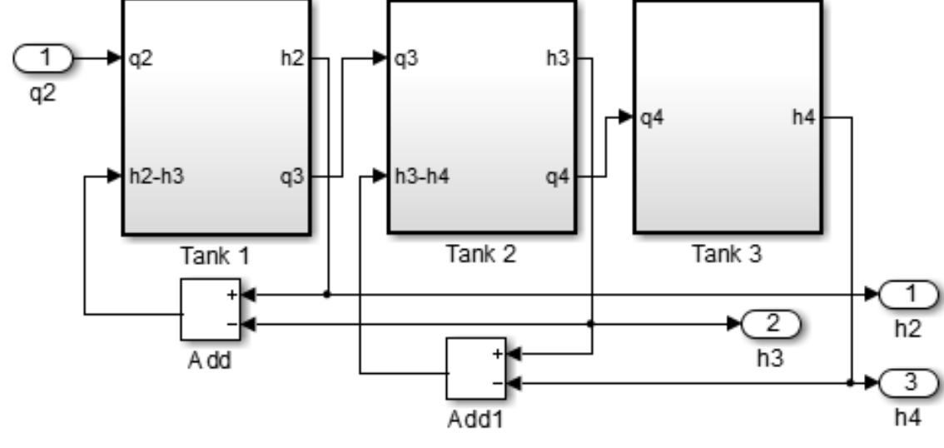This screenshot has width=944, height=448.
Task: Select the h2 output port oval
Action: point(909,294)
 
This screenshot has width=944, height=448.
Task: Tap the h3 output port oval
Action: point(770,323)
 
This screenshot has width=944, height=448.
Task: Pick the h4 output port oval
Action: point(909,382)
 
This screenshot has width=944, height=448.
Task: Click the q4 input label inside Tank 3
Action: point(652,117)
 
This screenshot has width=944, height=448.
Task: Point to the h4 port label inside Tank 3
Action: point(804,117)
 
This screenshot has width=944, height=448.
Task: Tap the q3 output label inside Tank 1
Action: point(294,177)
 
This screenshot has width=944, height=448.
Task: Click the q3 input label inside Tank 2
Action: point(406,59)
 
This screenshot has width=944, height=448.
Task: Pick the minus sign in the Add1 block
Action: point(497,383)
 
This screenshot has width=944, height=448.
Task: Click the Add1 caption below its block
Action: point(474,419)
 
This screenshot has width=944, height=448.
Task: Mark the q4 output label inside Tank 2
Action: point(557,177)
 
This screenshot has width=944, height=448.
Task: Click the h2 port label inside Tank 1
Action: point(294,59)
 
